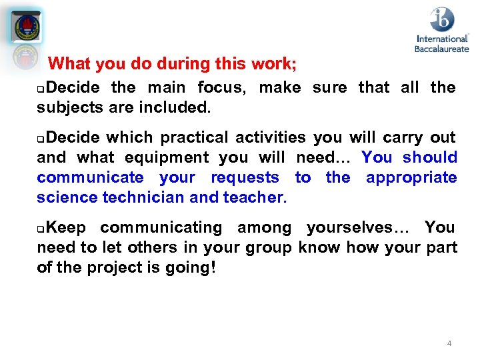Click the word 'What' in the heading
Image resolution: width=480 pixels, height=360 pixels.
(x=70, y=64)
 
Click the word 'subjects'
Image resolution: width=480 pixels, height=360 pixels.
(x=67, y=107)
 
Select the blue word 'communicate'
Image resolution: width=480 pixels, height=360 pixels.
(x=90, y=177)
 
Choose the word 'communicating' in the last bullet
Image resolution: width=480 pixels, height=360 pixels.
(x=161, y=227)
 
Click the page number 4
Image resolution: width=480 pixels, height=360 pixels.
(x=449, y=343)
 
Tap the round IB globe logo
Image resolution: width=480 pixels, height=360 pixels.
(x=441, y=19)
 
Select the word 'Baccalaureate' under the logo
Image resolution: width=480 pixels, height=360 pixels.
(x=441, y=49)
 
